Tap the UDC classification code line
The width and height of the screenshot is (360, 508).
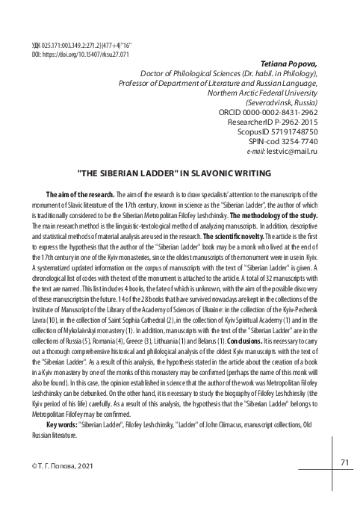67,46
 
